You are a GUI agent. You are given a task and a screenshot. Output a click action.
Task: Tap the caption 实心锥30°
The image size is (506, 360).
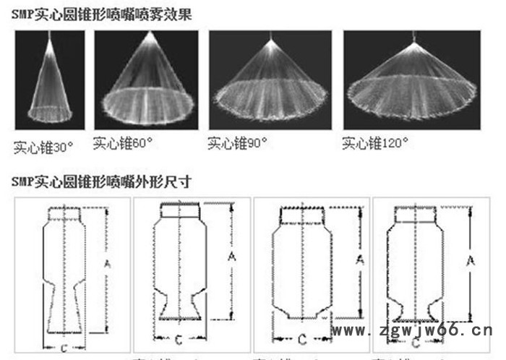tap(44, 147)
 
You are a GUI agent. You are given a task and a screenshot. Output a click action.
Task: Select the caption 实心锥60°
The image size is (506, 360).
tap(123, 144)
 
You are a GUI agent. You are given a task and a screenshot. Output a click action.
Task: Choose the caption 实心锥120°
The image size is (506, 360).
tap(373, 144)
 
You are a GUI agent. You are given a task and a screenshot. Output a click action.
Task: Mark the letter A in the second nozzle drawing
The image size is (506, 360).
tap(232, 257)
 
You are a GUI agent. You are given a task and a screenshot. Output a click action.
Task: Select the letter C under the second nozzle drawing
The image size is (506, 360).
tap(179, 338)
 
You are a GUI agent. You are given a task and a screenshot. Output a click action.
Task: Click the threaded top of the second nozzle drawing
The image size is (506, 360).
tap(179, 210)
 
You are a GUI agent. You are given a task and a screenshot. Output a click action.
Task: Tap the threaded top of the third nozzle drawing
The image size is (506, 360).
tap(301, 215)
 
